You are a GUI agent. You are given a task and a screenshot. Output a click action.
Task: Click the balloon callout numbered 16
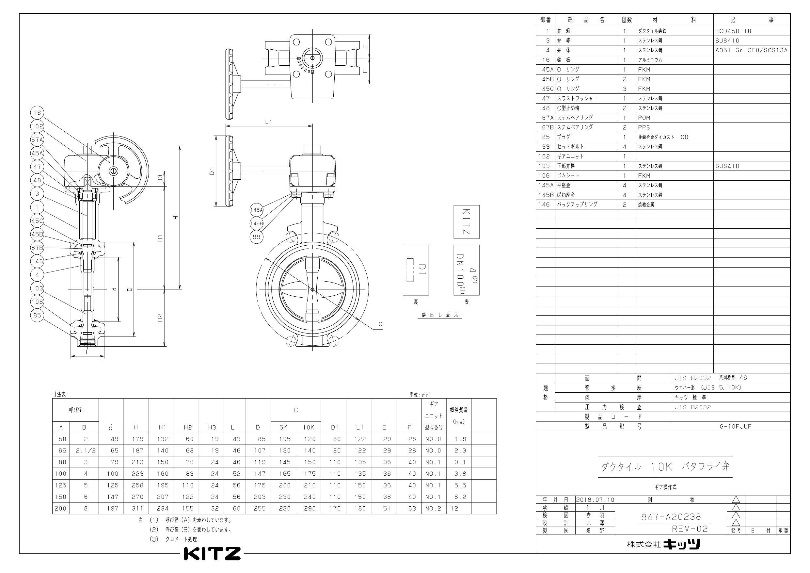38,113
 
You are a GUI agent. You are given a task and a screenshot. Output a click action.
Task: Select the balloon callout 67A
38,140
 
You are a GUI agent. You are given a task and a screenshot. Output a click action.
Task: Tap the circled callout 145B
257,223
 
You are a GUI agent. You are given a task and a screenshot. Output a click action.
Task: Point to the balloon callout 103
38,288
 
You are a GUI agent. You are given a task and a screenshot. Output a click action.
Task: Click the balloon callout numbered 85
38,315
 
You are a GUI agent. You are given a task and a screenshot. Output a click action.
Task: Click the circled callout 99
257,237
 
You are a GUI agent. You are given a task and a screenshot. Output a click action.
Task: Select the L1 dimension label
269,122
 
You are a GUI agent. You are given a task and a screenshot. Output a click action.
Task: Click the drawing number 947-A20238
671,517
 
